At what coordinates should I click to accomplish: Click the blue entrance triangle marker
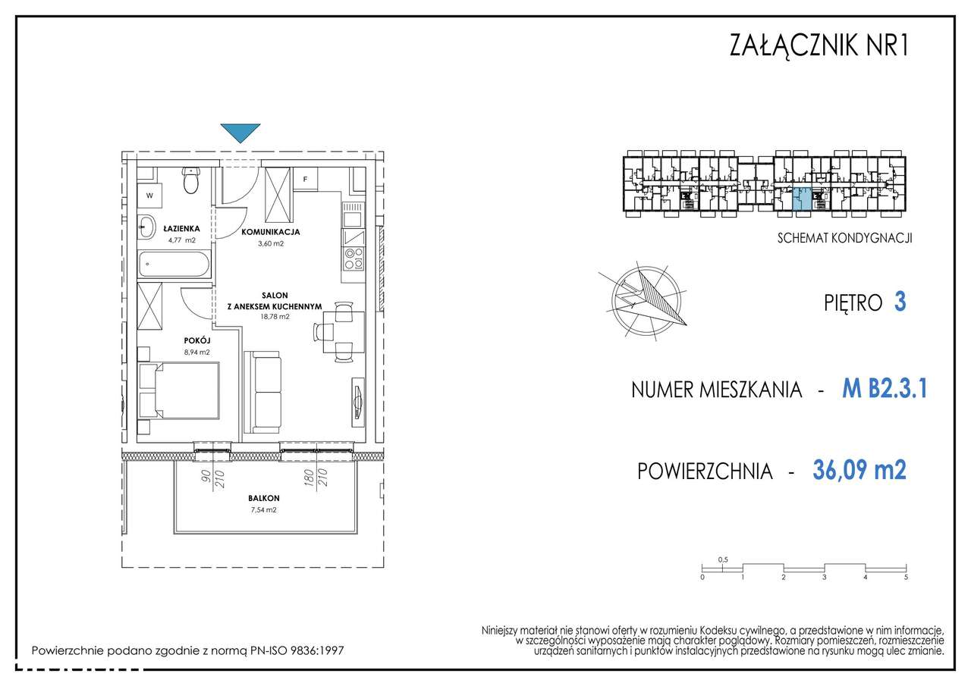click(x=241, y=133)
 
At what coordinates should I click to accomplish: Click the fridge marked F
click(x=305, y=180)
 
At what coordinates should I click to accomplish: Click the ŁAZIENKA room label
click(x=183, y=227)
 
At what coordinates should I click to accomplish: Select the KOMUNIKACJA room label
click(x=271, y=232)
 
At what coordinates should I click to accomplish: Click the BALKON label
click(x=263, y=498)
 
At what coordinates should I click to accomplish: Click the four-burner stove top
click(x=352, y=259)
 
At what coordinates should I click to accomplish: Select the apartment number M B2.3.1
click(x=885, y=390)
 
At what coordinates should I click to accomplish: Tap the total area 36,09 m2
click(x=859, y=471)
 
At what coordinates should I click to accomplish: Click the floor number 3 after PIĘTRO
click(x=900, y=302)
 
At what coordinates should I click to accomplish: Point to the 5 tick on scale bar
click(x=906, y=577)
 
